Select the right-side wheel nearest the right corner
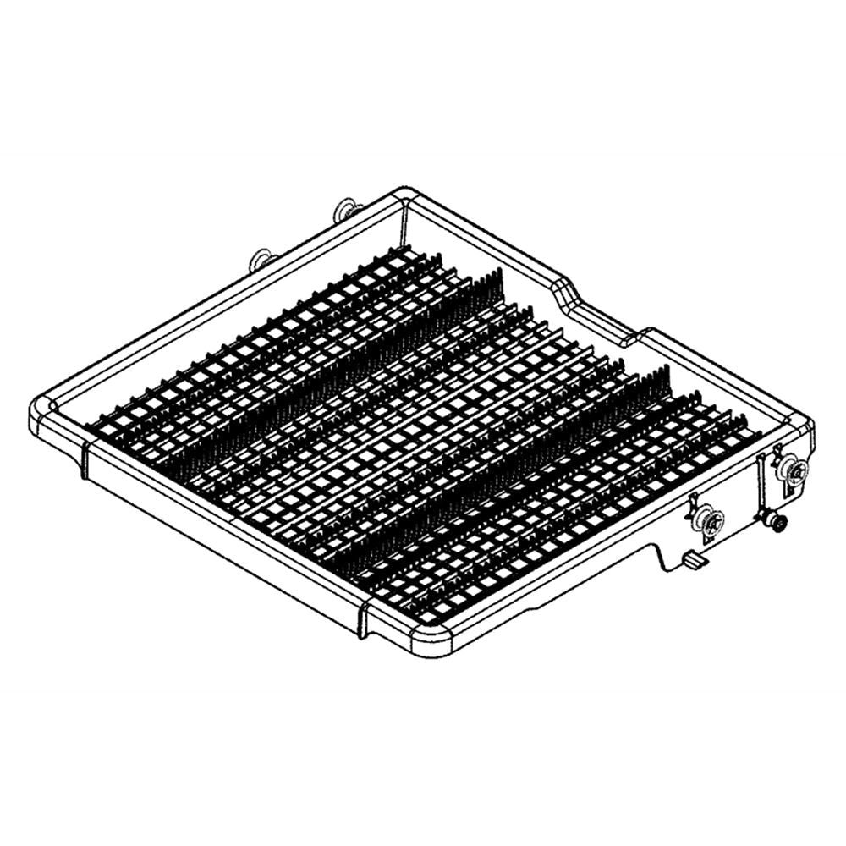794,467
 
